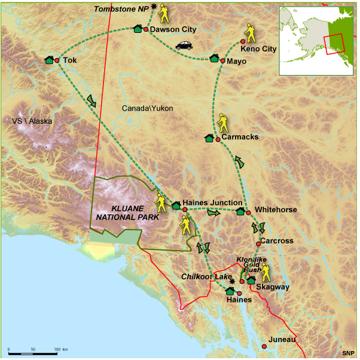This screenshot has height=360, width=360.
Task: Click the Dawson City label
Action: click(x=173, y=29)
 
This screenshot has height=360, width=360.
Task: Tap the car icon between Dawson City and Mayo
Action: click(x=184, y=45)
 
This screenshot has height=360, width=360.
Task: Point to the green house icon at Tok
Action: click(x=49, y=60)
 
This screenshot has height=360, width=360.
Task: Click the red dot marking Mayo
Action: click(x=223, y=60)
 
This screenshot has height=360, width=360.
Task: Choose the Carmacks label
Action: click(x=240, y=137)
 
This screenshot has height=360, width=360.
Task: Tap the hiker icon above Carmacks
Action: click(x=223, y=123)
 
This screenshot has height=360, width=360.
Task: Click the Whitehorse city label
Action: click(x=276, y=210)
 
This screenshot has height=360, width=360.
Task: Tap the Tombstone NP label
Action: click(x=122, y=9)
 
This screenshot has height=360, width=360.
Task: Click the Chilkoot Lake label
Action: click(x=207, y=277)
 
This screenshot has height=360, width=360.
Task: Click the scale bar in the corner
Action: click(x=36, y=348)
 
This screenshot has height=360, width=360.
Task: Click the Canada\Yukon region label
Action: click(x=147, y=108)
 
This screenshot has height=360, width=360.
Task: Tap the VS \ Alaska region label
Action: click(x=32, y=121)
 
